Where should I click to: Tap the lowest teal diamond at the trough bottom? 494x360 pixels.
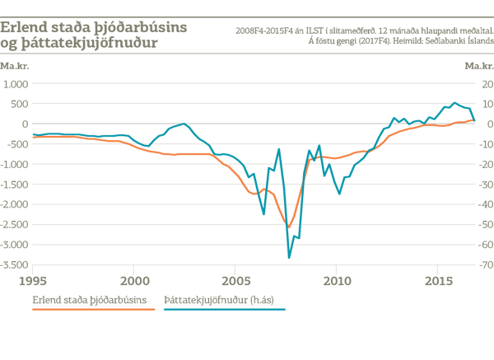(289, 251)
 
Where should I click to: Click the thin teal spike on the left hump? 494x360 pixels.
(184, 118)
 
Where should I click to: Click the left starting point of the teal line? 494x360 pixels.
(30, 133)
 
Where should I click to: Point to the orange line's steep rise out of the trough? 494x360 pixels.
(302, 185)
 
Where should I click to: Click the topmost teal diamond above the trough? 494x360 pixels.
(279, 155)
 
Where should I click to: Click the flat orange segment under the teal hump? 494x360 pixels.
(177, 154)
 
